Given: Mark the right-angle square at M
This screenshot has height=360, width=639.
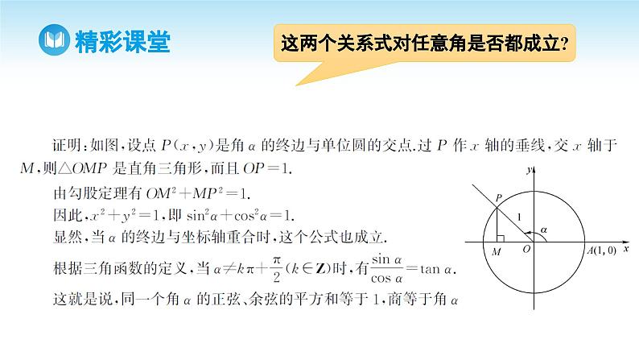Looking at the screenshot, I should coord(501,238).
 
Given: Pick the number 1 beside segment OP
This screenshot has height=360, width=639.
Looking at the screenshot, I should coord(519,217).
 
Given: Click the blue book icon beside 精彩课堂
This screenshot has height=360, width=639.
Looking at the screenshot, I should coord(54,40).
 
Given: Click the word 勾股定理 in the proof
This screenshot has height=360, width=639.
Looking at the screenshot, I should coord(98,193).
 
